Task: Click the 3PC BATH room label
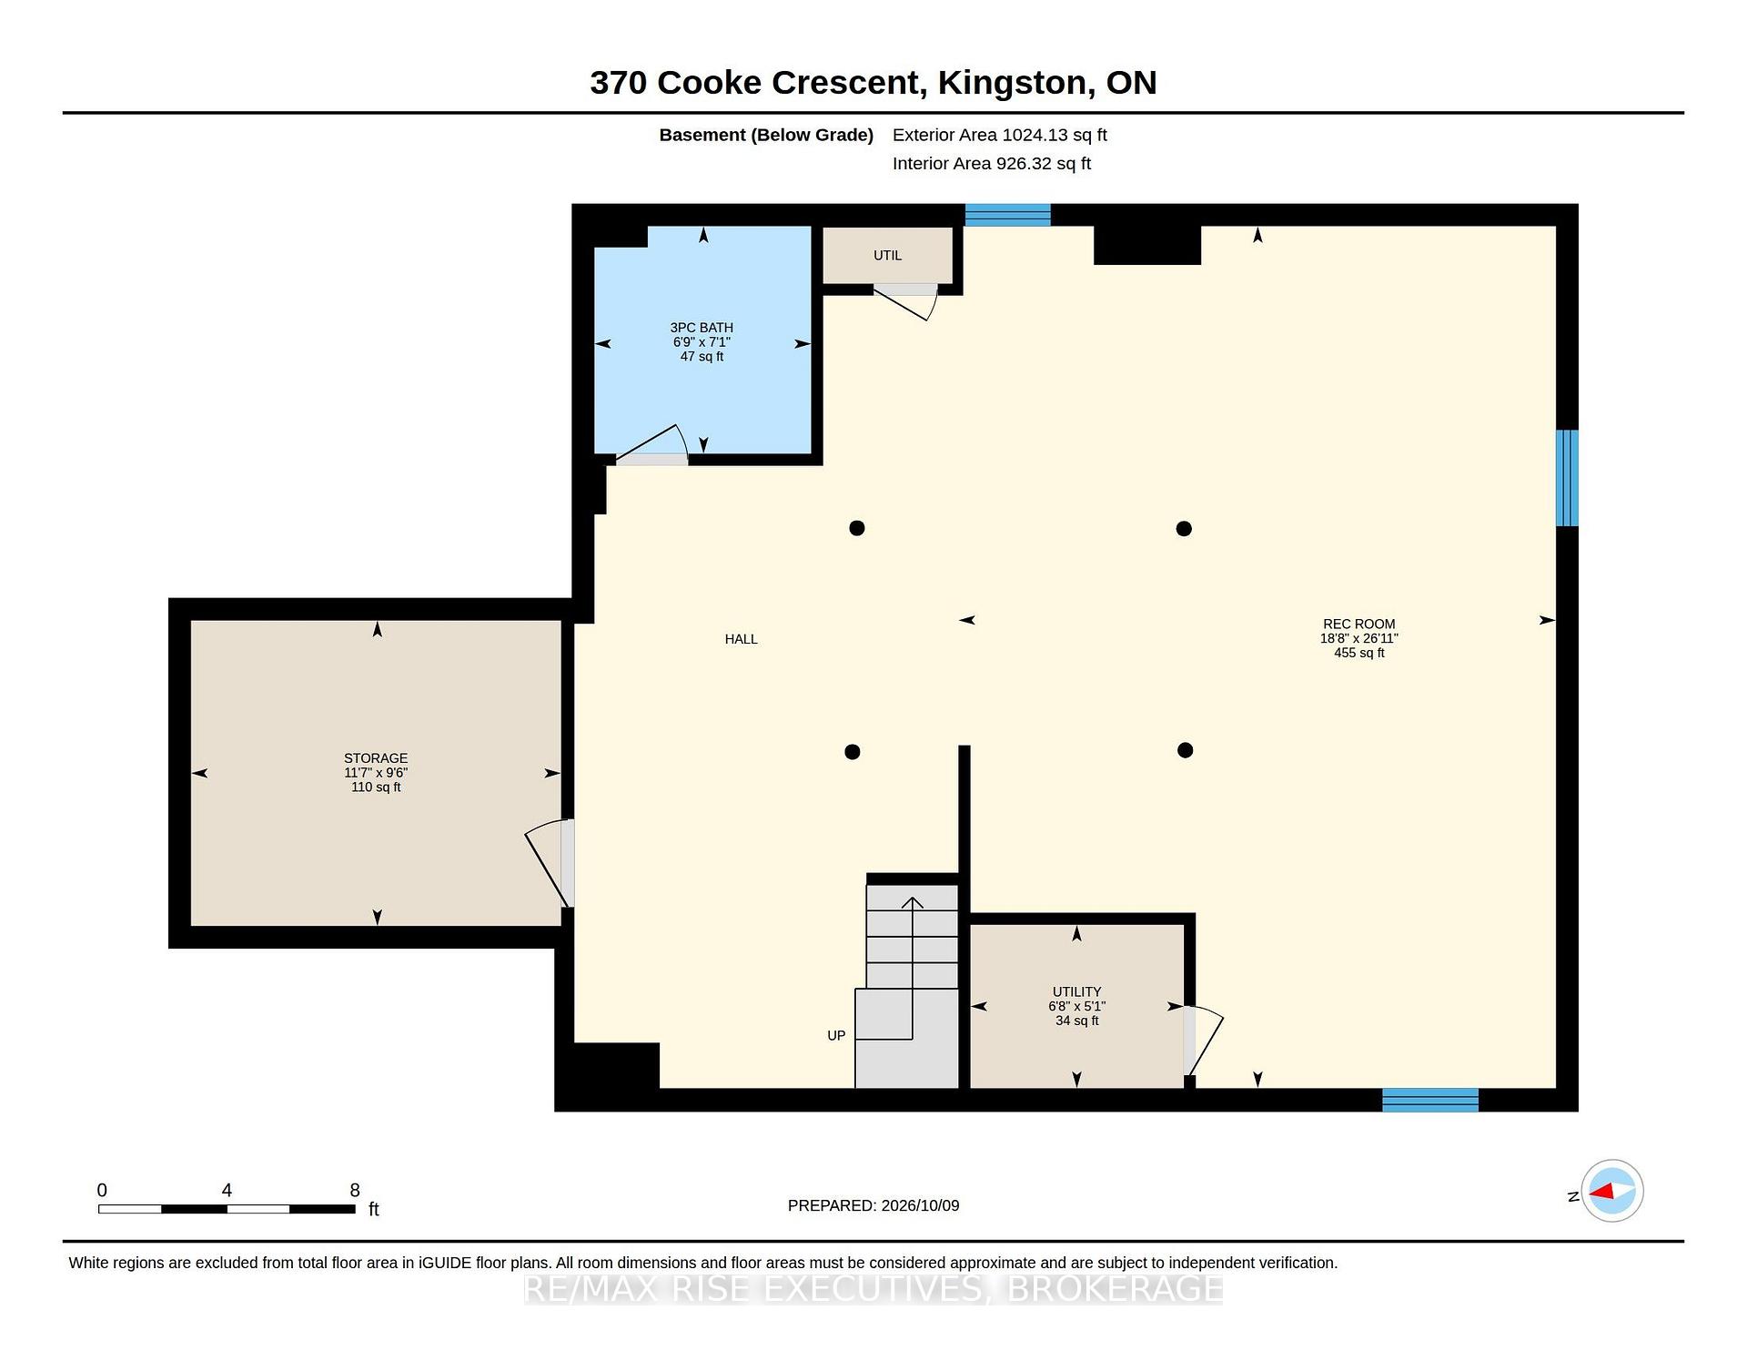(x=702, y=328)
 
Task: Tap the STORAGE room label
(x=376, y=758)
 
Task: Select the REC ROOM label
(x=1358, y=625)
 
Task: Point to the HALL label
(x=741, y=639)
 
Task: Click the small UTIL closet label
(x=887, y=256)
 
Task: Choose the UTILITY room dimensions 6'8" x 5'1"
(x=1076, y=1007)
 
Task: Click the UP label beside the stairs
(x=836, y=1036)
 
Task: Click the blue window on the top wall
(x=1007, y=215)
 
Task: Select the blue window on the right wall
(x=1567, y=478)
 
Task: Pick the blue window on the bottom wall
(x=1430, y=1100)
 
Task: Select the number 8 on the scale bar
(x=355, y=1190)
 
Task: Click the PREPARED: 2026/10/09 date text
(x=873, y=1205)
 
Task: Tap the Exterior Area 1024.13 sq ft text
(x=1000, y=135)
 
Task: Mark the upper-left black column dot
(x=857, y=528)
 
